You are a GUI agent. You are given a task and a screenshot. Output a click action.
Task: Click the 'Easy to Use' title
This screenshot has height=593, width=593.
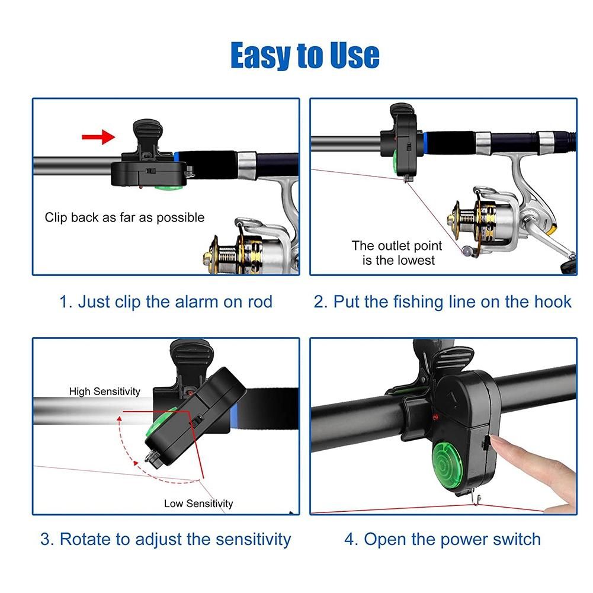pyautogui.click(x=305, y=56)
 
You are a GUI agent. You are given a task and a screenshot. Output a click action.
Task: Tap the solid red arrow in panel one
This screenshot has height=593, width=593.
pyautogui.click(x=98, y=136)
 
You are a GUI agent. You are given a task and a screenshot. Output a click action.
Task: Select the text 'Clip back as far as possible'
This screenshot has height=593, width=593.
pyautogui.click(x=124, y=217)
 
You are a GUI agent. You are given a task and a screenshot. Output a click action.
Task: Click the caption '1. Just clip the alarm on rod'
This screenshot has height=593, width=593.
pyautogui.click(x=166, y=302)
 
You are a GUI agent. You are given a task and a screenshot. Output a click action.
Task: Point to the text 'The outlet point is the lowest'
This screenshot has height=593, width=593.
pyautogui.click(x=397, y=252)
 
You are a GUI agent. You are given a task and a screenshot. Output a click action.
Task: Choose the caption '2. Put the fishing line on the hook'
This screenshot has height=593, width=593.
pyautogui.click(x=443, y=302)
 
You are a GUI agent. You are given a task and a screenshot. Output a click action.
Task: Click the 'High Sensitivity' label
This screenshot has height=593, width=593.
pyautogui.click(x=104, y=391)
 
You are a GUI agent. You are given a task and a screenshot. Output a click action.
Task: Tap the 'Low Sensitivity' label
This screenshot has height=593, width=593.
pyautogui.click(x=198, y=504)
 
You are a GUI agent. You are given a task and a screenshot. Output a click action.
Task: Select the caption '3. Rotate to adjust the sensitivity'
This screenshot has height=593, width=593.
pyautogui.click(x=166, y=539)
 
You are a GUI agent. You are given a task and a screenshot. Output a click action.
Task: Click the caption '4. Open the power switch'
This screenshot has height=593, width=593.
pyautogui.click(x=443, y=539)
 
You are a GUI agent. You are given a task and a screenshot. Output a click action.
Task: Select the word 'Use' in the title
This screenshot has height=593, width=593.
pyautogui.click(x=354, y=56)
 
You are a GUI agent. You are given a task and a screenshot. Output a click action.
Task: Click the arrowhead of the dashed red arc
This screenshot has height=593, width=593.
pyautogui.click(x=119, y=418)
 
